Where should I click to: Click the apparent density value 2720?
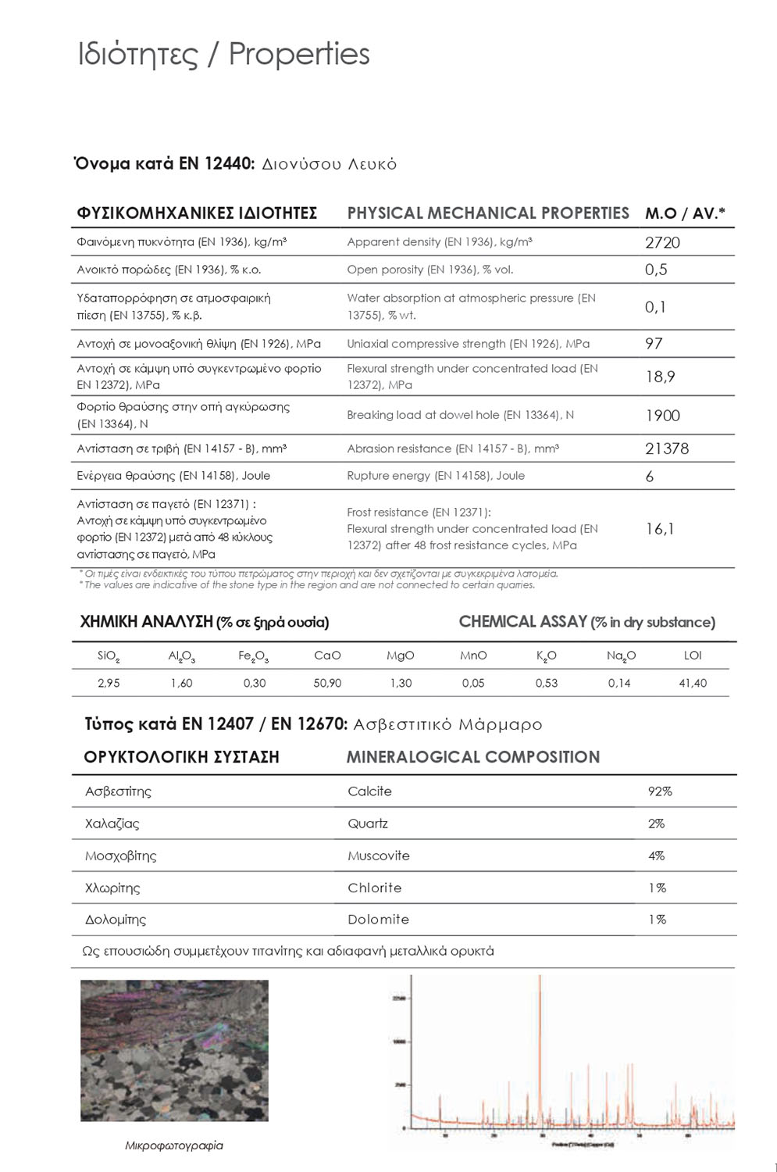point(662,242)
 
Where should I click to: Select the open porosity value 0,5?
point(656,270)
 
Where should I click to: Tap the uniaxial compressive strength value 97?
point(654,343)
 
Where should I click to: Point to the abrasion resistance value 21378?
point(667,448)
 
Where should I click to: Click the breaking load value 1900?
point(662,416)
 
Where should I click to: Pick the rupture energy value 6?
point(650,477)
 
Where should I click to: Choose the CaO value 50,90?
point(327,683)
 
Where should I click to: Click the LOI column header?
point(692,656)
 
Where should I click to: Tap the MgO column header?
point(400,656)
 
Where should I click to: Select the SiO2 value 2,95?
point(109,683)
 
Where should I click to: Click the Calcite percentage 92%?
point(660,791)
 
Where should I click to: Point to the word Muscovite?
point(379,856)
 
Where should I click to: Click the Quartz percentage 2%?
point(656,824)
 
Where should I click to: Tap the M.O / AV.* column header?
point(685,213)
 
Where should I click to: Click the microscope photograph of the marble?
point(174,1051)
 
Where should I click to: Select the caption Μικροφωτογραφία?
point(174,1145)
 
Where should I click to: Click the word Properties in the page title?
point(299,54)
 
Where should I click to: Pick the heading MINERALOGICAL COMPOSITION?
point(473,757)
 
